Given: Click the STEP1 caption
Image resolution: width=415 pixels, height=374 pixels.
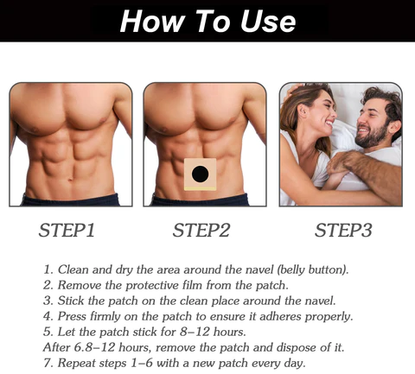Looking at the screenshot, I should click(67, 231).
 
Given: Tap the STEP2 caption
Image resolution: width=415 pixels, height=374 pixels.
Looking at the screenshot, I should click(201, 231).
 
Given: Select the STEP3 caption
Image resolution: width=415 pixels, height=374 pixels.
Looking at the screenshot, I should click(343, 231).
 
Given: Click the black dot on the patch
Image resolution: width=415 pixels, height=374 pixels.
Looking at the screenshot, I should click(201, 175).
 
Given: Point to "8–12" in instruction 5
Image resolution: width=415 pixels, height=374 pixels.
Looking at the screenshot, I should click(207, 332).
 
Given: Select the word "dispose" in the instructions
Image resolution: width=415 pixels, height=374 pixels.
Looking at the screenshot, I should click(298, 347).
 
